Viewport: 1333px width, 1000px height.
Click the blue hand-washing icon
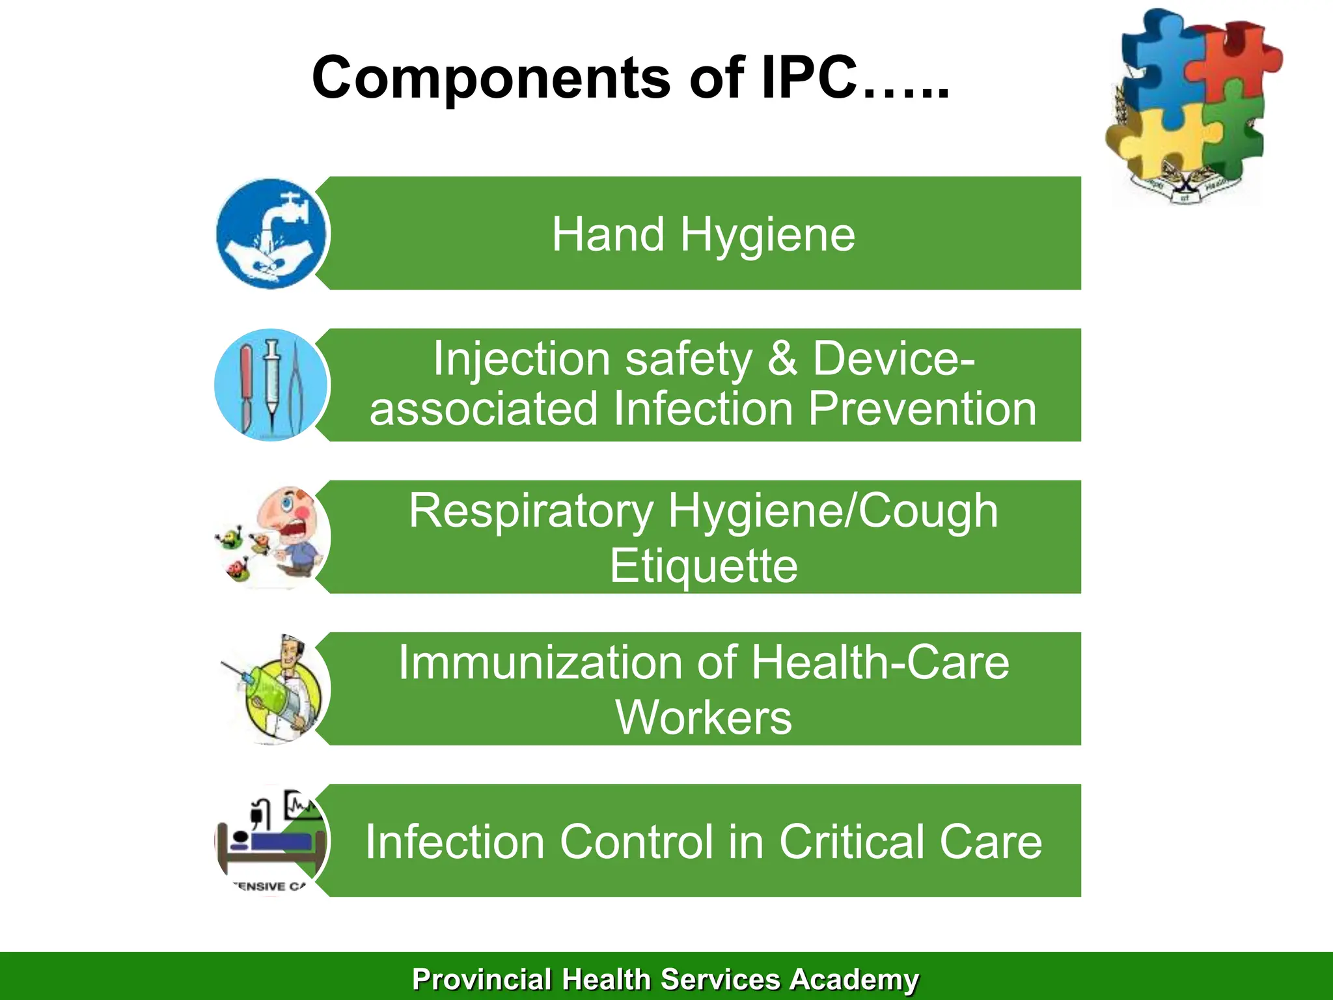pos(271,234)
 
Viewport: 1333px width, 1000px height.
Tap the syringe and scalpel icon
pos(271,385)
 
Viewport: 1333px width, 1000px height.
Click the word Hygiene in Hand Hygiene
pos(767,235)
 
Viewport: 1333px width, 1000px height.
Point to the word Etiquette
pos(704,565)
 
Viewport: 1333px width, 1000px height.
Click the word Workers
pos(704,717)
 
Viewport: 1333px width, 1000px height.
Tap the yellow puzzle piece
pos(1162,140)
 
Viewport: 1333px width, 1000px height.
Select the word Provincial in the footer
pos(482,980)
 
